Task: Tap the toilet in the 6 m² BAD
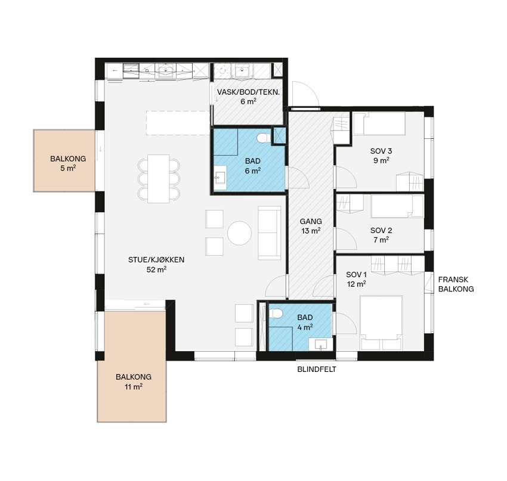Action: pos(264,138)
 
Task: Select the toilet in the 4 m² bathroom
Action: pos(276,313)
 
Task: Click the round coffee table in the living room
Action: pos(239,233)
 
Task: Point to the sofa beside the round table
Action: pos(270,233)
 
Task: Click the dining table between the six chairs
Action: pos(159,179)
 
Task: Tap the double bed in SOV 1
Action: pos(382,322)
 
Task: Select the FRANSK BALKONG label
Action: pos(456,284)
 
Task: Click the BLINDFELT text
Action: pos(317,369)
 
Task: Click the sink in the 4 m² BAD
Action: pos(320,345)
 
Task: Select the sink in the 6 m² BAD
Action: pos(221,178)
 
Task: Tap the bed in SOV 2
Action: pos(397,206)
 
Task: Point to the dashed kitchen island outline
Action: pos(178,123)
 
